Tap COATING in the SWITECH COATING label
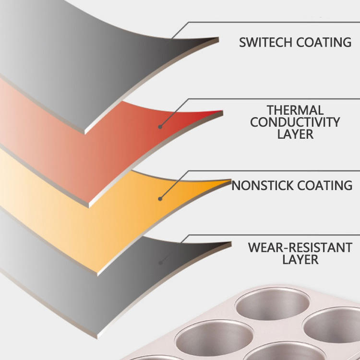pos(324,42)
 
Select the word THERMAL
pos(295,110)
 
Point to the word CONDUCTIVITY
pos(295,122)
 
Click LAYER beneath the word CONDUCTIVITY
pos(295,134)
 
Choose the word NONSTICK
pos(263,185)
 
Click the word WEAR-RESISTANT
pos(300,248)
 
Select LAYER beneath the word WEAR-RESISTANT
pos(300,259)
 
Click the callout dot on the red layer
pos(160,127)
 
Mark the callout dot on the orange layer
pos(160,199)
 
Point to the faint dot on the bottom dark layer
pos(160,263)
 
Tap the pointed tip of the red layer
pos(223,111)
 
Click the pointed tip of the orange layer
pos(231,180)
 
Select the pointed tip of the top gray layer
pos(218,38)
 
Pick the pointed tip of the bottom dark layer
pos(231,242)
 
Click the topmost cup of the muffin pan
pos(273,303)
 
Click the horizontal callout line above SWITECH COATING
pos(274,22)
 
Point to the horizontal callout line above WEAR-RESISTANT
pos(274,235)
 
